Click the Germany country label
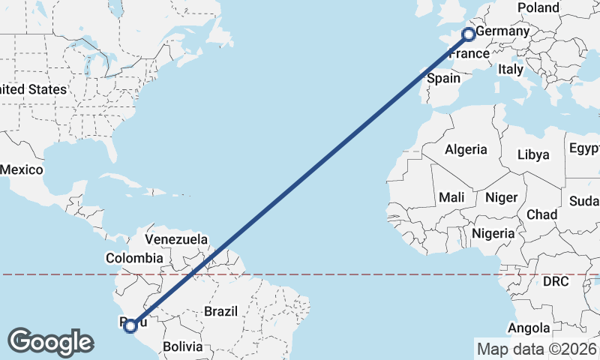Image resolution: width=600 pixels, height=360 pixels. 502,33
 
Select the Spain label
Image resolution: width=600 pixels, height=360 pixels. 442,78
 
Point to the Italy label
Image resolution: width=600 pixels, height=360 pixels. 511,69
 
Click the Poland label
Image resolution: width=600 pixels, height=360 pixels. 538,7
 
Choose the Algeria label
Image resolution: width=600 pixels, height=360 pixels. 466,149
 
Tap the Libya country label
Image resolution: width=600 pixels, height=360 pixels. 533,154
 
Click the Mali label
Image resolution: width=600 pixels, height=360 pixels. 451,197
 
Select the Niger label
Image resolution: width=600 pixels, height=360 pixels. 502,197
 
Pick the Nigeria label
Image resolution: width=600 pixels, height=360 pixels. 493,233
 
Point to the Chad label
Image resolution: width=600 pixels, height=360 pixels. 541,214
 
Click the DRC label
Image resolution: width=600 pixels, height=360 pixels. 556,281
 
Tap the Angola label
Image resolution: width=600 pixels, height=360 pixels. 529,328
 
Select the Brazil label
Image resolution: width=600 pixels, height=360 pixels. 220,310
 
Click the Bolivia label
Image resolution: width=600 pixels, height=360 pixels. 183,346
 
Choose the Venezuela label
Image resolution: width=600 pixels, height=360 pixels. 176,239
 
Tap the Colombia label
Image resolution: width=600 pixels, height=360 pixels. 134,258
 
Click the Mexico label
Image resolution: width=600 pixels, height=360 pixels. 21,169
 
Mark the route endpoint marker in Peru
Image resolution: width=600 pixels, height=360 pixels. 130,325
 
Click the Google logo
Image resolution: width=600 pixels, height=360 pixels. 50,341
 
